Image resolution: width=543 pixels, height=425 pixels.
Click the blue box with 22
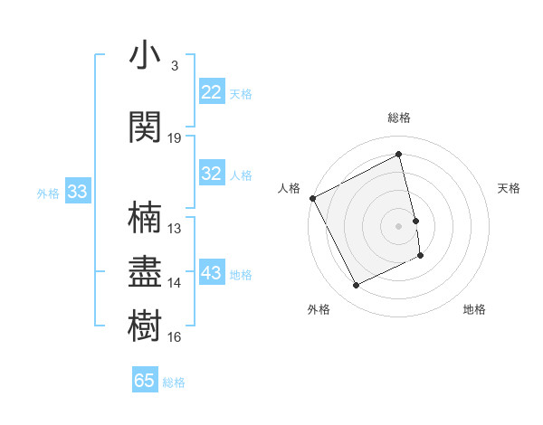[x=212, y=92]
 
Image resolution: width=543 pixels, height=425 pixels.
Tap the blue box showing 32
[x=212, y=175]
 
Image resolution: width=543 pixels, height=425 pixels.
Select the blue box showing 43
[x=212, y=274]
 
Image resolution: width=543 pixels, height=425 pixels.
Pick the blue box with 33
[x=77, y=192]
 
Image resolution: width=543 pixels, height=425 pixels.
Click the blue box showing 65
[x=145, y=381]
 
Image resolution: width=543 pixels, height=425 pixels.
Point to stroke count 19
[x=175, y=138]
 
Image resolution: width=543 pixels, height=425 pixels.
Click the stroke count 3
[x=174, y=66]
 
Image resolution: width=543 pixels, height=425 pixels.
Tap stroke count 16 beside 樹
[x=175, y=337]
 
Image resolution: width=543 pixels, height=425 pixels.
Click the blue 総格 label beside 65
[x=174, y=382]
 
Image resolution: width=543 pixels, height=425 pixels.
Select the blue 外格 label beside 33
[x=48, y=193]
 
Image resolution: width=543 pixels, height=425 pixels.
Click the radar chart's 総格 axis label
[x=399, y=118]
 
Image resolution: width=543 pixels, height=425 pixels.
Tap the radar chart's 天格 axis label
[x=510, y=188]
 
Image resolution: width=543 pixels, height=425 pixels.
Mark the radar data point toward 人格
[x=312, y=198]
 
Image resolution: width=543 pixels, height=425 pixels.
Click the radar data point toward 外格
[x=356, y=286]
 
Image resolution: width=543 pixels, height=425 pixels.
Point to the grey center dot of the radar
[x=399, y=225]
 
